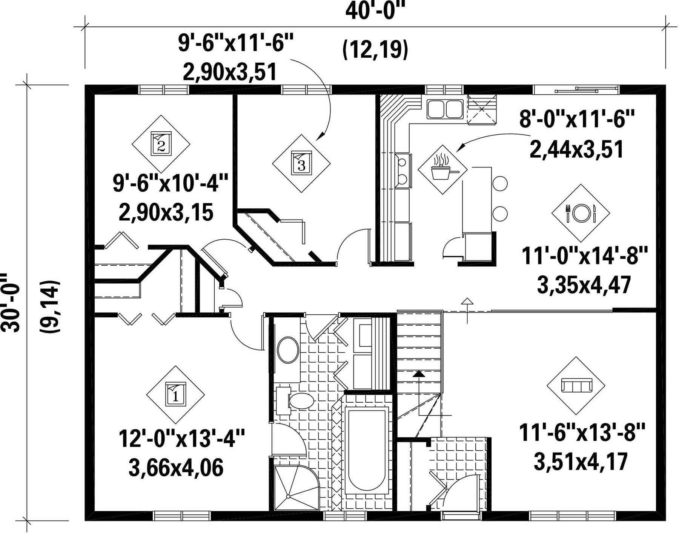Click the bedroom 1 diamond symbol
click(x=175, y=395)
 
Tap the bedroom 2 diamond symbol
click(x=161, y=144)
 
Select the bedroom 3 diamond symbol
click(x=301, y=163)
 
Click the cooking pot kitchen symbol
click(x=443, y=169)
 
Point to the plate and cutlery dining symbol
click(x=581, y=213)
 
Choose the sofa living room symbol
click(x=576, y=386)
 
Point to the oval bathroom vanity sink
click(x=288, y=350)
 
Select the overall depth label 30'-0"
click(x=11, y=304)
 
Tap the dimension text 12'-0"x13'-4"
click(x=182, y=438)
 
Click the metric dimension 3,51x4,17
click(x=581, y=462)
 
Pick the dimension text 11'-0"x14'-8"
click(x=585, y=256)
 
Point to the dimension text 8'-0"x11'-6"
click(x=577, y=120)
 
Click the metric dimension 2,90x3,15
click(x=166, y=212)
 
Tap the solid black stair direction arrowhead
click(x=418, y=374)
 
